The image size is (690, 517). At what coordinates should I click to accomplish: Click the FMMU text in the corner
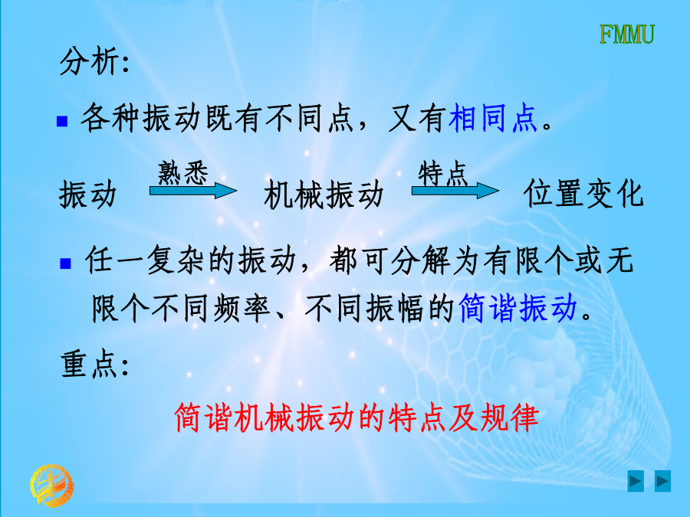pyautogui.click(x=627, y=34)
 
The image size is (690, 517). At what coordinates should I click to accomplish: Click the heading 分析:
pyautogui.click(x=94, y=61)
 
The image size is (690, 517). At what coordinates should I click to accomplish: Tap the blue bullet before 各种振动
pyautogui.click(x=62, y=121)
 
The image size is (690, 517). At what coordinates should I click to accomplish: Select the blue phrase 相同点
pyautogui.click(x=493, y=118)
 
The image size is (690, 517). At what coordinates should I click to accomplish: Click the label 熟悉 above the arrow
pyautogui.click(x=183, y=173)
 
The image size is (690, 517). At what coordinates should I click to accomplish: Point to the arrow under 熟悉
pyautogui.click(x=193, y=191)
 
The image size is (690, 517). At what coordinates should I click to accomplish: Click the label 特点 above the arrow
pyautogui.click(x=442, y=173)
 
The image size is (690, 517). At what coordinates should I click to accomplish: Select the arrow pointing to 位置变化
pyautogui.click(x=455, y=191)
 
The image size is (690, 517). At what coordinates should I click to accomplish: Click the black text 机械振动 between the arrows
pyautogui.click(x=324, y=195)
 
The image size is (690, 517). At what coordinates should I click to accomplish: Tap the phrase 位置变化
pyautogui.click(x=584, y=194)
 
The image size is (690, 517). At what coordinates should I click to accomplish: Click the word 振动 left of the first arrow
pyautogui.click(x=88, y=195)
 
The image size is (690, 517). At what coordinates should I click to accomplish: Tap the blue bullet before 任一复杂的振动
pyautogui.click(x=65, y=263)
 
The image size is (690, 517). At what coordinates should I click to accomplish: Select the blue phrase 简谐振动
pyautogui.click(x=518, y=308)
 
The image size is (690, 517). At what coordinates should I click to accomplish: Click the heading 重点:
pyautogui.click(x=95, y=364)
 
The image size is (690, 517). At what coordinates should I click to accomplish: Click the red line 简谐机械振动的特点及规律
pyautogui.click(x=356, y=417)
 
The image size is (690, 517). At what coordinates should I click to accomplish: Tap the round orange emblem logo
pyautogui.click(x=52, y=486)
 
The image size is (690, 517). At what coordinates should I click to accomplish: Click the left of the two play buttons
pyautogui.click(x=636, y=481)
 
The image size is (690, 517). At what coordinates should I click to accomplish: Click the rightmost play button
pyautogui.click(x=662, y=481)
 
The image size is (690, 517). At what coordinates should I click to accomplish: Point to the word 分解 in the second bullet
pyautogui.click(x=420, y=260)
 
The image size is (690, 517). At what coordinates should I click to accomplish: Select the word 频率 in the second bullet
pyautogui.click(x=242, y=308)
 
